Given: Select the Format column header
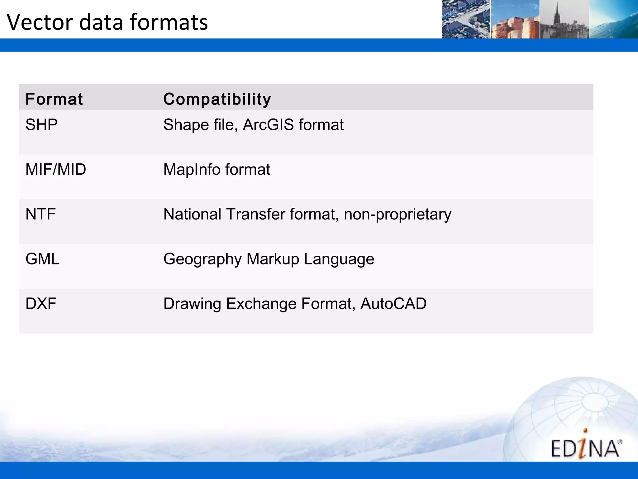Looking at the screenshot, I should coord(54,99).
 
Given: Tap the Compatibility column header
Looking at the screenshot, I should coord(217,99).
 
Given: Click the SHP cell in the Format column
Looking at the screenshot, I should coord(41,125).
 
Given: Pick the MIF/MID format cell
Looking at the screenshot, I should coord(55,169).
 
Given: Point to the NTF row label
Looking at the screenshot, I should coord(40,214).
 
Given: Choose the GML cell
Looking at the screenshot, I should coord(42,259).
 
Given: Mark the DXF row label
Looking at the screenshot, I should coord(41,303).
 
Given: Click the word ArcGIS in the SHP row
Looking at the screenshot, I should coord(268,125).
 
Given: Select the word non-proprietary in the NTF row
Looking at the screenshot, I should coord(398,214).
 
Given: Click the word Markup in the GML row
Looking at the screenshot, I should coord(273,259).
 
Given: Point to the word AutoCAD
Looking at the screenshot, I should coord(393,303).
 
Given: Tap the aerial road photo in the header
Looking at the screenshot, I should coord(466,19).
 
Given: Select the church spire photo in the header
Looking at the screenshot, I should coord(564,19).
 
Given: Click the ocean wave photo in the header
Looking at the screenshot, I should coord(613,19).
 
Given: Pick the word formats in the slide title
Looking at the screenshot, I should coord(169,22).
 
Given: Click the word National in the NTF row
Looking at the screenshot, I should coord(192,214).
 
